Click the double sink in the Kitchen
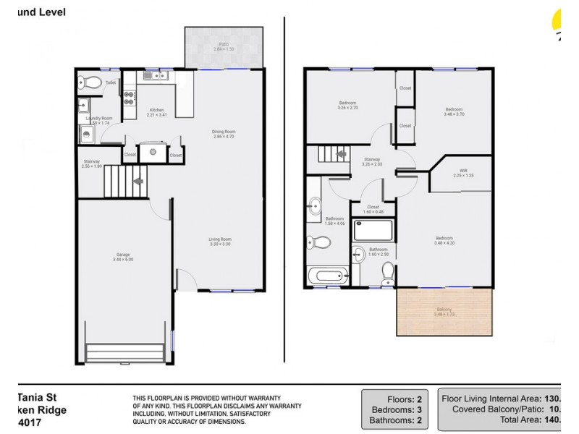point(150,75)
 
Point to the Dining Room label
point(224,134)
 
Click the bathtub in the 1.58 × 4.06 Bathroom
point(328,276)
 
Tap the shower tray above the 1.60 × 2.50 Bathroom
point(373,230)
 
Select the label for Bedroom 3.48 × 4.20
point(444,241)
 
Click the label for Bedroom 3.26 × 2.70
point(347,106)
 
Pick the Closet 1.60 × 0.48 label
point(373,210)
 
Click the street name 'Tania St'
point(35,396)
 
